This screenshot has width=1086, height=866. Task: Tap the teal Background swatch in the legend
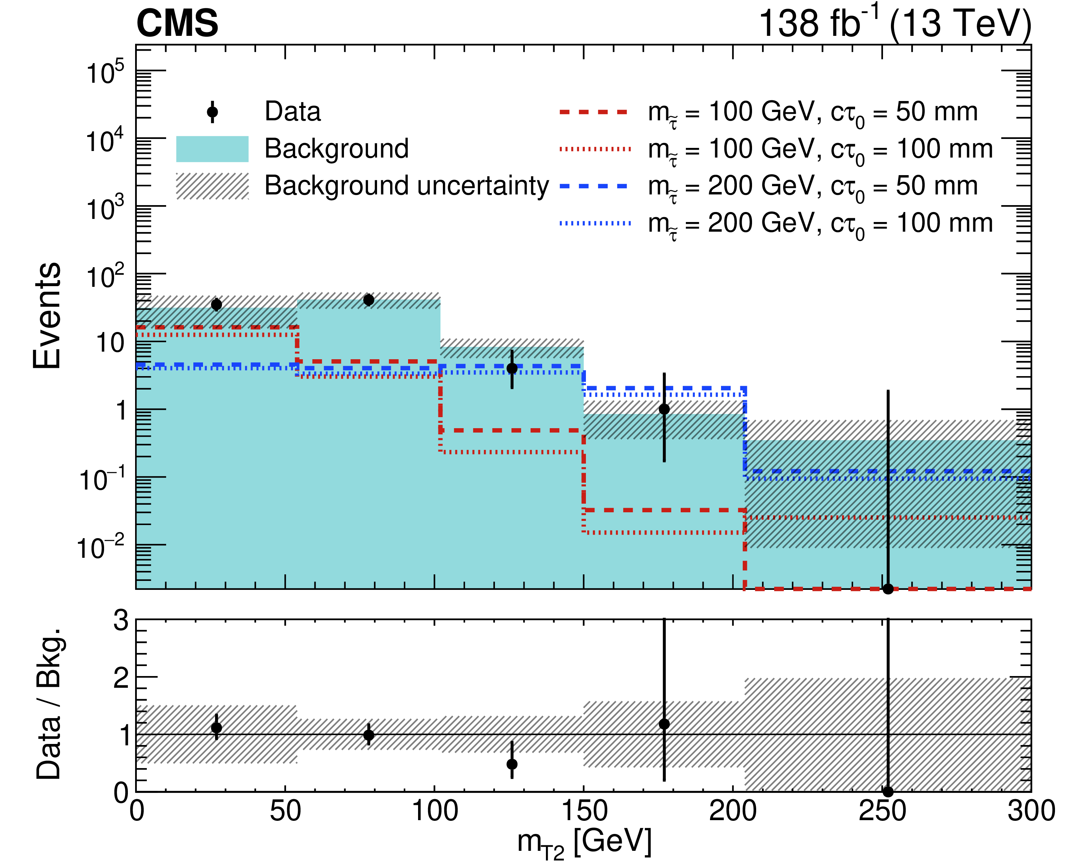(212, 149)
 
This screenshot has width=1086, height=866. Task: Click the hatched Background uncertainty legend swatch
(212, 186)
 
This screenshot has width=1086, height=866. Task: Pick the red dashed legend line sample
(595, 112)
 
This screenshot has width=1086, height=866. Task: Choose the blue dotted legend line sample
(595, 223)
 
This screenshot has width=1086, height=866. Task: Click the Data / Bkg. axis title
(49, 704)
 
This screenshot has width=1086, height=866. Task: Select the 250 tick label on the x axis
(883, 812)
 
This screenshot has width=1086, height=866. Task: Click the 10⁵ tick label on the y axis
(105, 73)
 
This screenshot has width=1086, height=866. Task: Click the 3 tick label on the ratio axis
(121, 621)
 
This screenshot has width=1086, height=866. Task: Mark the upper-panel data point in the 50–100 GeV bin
(369, 300)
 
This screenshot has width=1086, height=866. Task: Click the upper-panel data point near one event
(664, 409)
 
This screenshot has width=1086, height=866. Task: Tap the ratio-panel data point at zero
(888, 792)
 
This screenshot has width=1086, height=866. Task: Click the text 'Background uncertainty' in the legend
(406, 186)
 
